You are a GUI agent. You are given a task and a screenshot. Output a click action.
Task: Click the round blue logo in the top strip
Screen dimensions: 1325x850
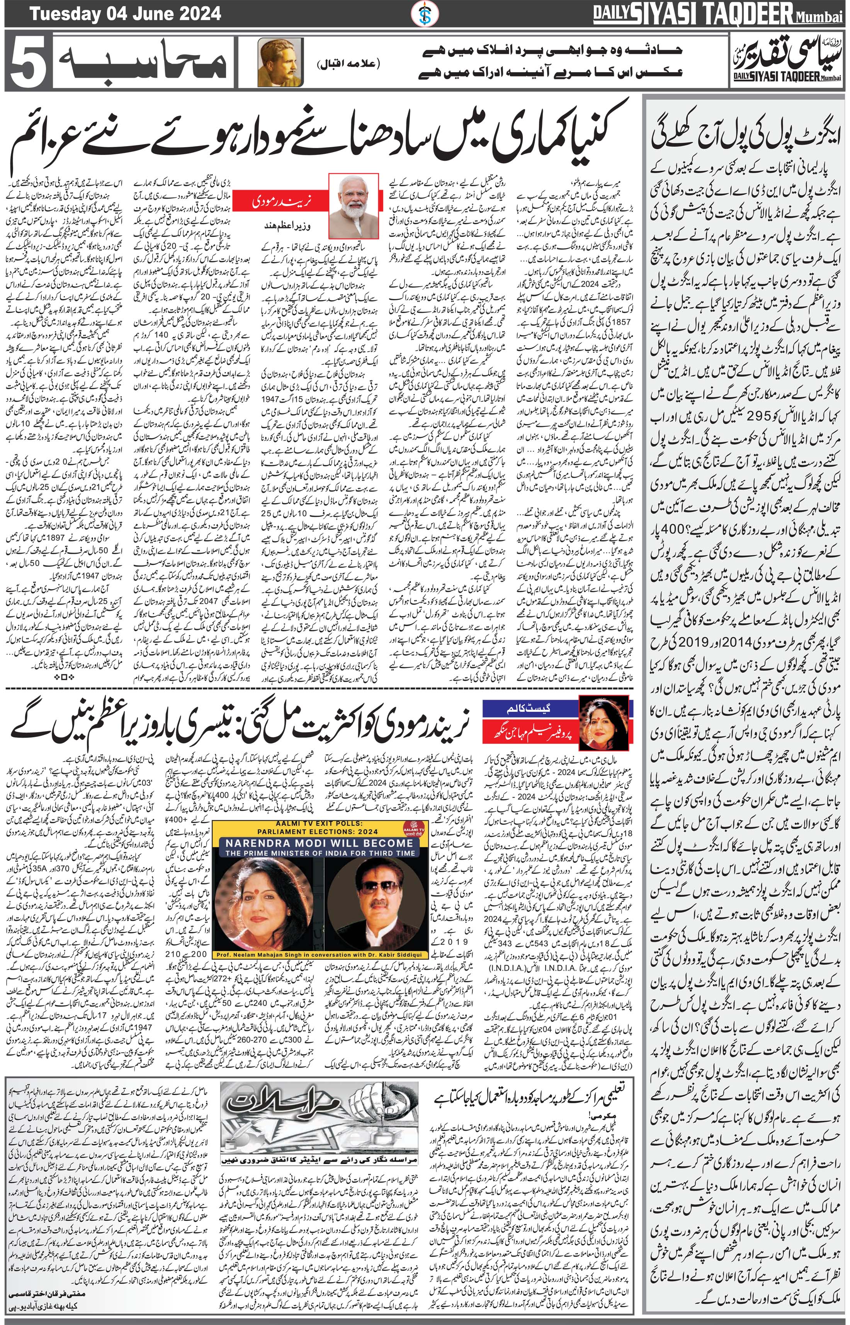(425, 13)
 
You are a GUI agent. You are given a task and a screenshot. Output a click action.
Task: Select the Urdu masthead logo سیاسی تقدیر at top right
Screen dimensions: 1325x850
(787, 60)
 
